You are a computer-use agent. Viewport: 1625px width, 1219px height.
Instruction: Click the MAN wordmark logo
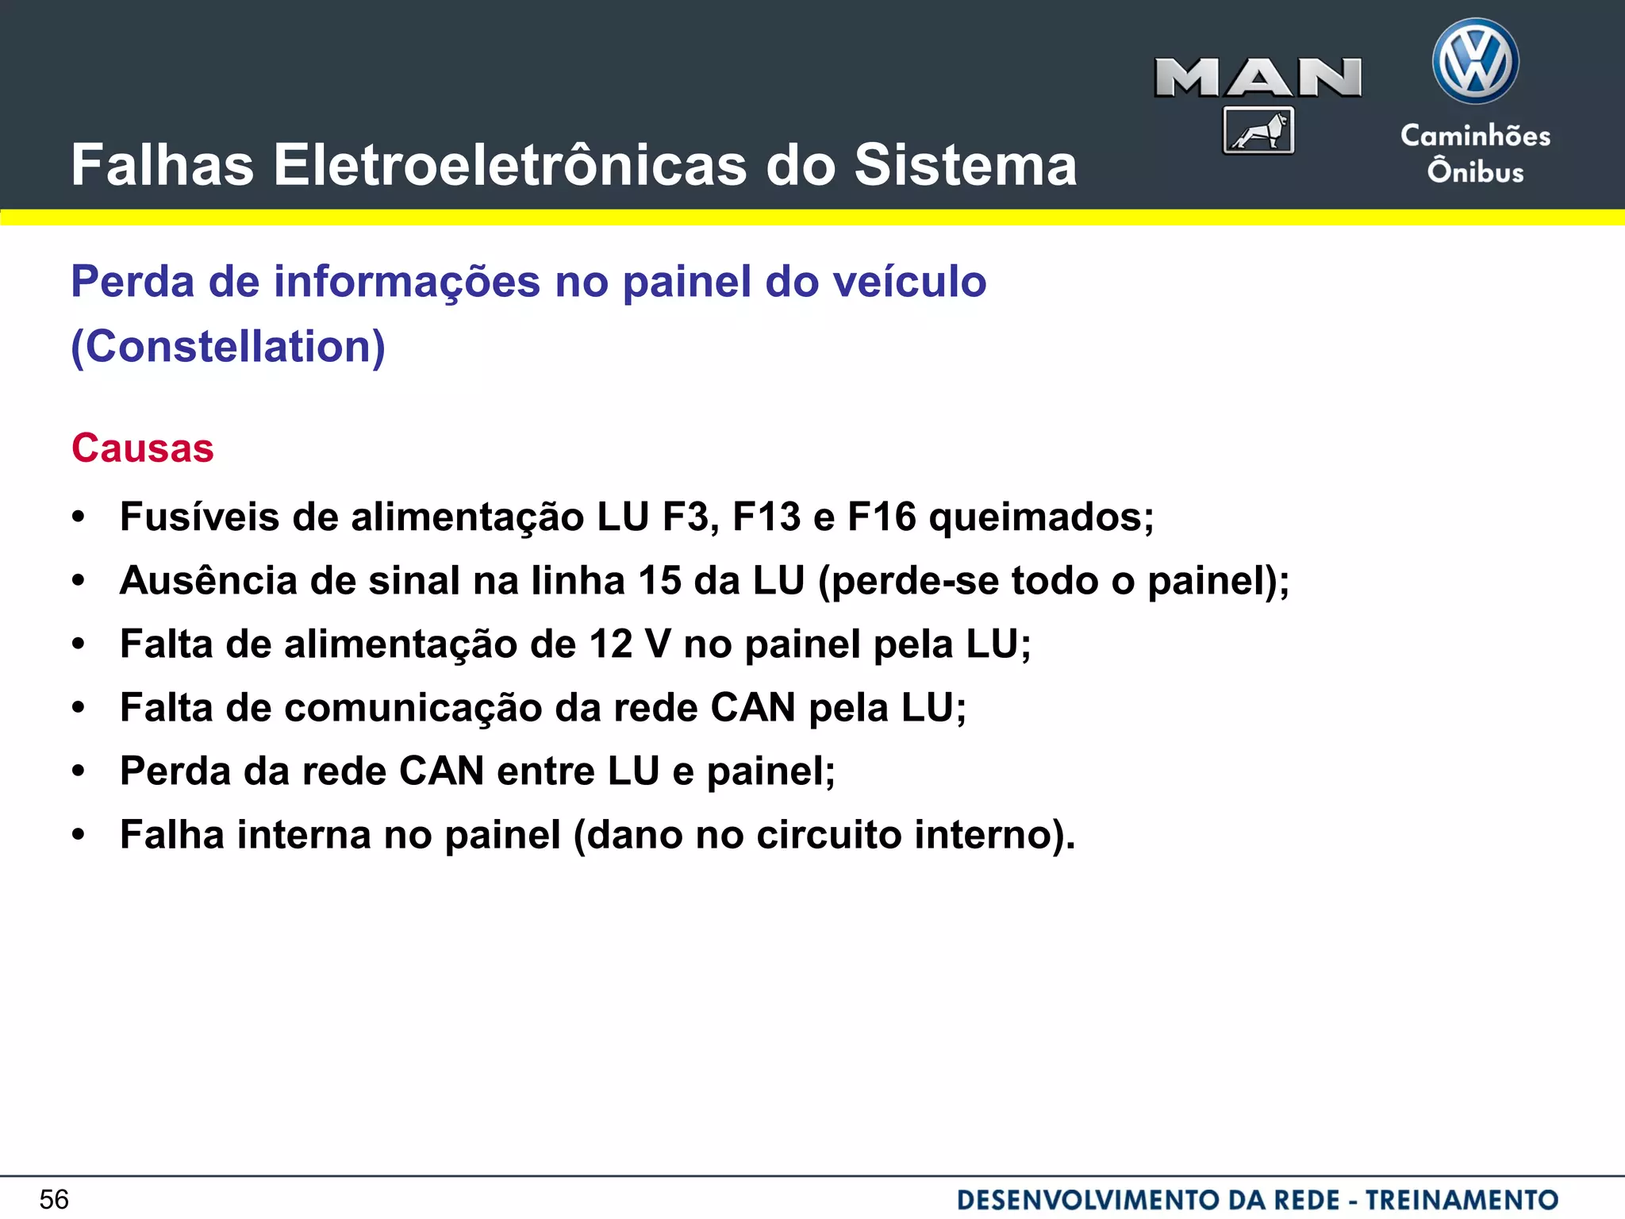coord(1258,78)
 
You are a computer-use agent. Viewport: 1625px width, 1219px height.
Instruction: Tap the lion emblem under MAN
coord(1258,130)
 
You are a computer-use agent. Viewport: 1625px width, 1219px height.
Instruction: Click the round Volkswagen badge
coord(1475,62)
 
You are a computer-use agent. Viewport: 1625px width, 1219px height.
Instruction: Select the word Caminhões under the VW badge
coord(1475,136)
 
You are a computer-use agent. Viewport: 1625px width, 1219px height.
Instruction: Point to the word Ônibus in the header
coord(1475,171)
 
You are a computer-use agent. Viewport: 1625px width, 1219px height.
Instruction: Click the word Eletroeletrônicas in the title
coord(510,165)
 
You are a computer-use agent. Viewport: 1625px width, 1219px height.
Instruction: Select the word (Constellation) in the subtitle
coord(229,346)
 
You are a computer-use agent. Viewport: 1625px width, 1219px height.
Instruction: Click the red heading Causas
coord(143,448)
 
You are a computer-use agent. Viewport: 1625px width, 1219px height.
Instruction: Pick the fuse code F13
coord(766,517)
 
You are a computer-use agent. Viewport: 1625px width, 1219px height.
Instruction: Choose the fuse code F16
coord(882,517)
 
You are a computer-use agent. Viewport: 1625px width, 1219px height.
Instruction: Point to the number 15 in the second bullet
coord(659,580)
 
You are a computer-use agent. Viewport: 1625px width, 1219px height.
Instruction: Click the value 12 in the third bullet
coord(610,644)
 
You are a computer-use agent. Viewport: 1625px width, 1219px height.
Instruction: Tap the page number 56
coord(54,1199)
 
